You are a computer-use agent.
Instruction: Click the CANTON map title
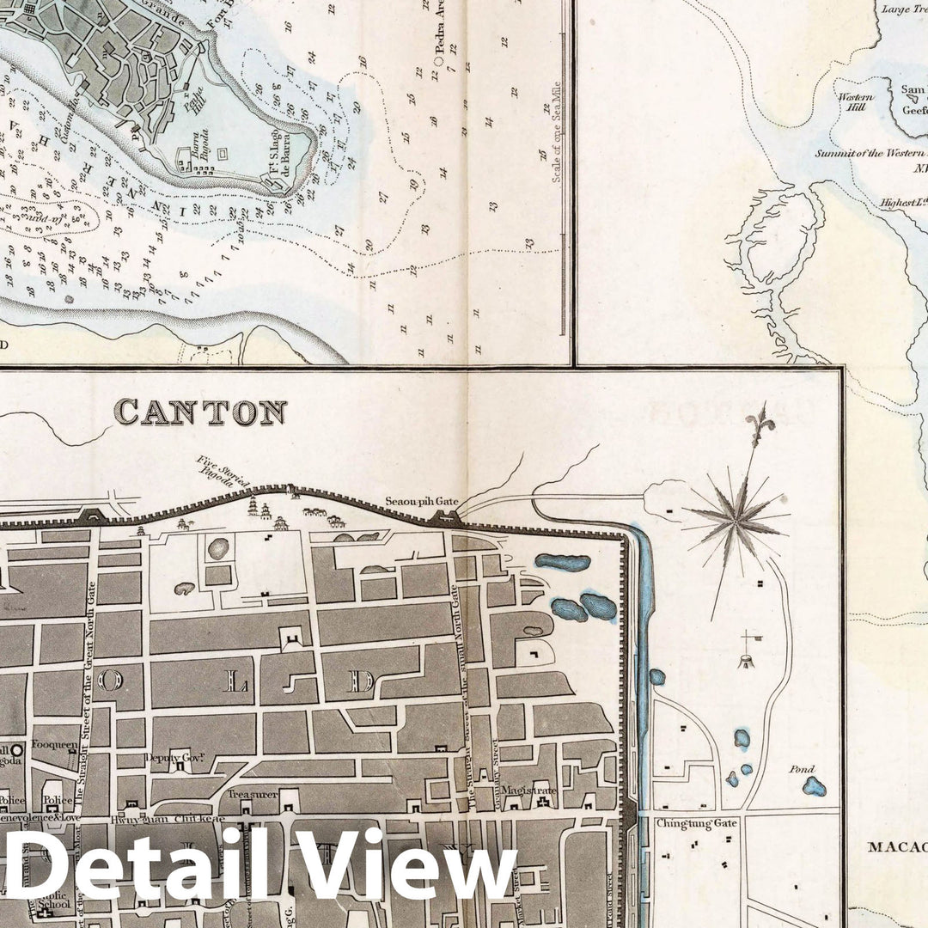200,412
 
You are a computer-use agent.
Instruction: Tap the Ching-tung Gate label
685,822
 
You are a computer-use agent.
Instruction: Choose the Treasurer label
253,795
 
